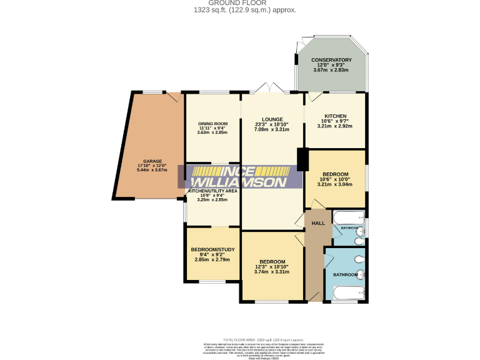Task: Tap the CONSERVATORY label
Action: (x=331, y=60)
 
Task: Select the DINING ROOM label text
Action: (x=212, y=124)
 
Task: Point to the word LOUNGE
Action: (x=272, y=119)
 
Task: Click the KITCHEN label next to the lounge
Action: (x=334, y=116)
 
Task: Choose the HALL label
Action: (x=318, y=223)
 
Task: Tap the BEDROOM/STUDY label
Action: (x=212, y=250)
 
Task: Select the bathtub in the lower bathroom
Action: (x=345, y=294)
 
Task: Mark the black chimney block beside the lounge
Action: (x=303, y=159)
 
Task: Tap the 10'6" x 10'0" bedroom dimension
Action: (x=334, y=179)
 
